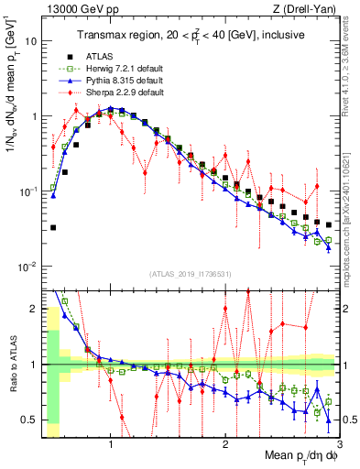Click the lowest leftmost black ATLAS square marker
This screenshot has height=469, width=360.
click(53, 227)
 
